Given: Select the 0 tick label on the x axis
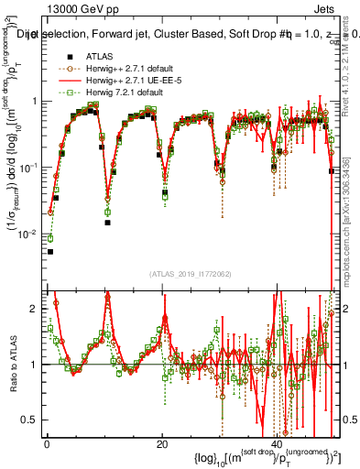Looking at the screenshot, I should (48, 442).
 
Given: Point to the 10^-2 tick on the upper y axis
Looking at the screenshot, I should (31, 234).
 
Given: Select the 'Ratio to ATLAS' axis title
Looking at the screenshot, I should (12, 365).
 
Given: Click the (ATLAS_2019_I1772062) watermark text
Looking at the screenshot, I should (191, 274).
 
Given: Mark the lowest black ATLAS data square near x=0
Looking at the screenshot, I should (50, 251).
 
